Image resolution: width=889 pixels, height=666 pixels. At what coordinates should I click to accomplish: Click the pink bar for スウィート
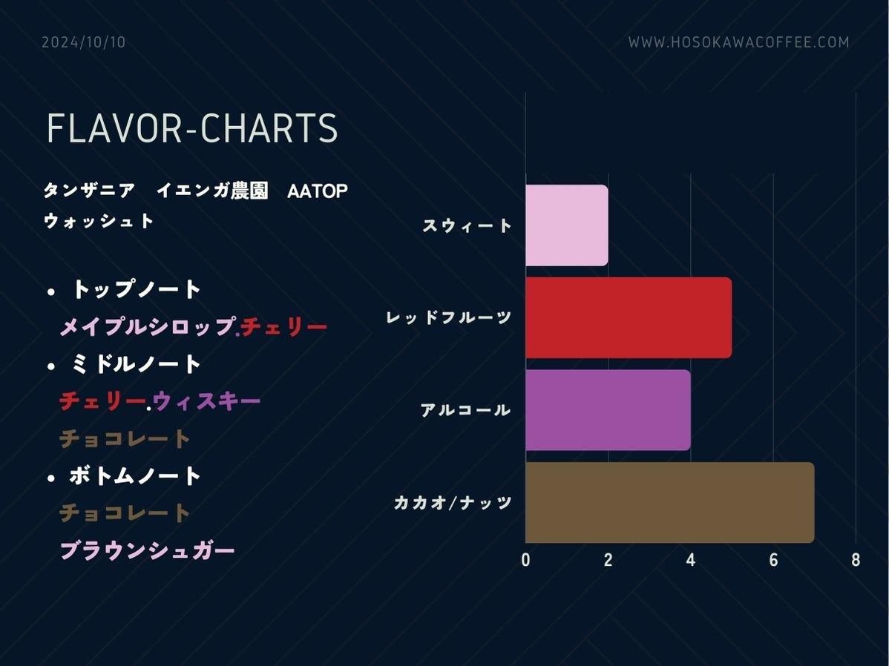coord(566,225)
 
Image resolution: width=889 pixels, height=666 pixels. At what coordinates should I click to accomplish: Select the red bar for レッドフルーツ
coord(629,317)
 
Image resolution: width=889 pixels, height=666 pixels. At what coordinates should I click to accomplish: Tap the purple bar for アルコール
coord(608,410)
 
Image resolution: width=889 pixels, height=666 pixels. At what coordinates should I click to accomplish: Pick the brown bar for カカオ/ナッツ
coord(669,502)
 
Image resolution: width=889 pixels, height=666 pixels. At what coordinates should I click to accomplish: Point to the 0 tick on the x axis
coord(525,560)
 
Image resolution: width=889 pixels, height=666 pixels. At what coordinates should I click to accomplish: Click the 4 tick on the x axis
coord(691,560)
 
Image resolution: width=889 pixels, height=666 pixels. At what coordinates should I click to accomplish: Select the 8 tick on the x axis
coord(856,560)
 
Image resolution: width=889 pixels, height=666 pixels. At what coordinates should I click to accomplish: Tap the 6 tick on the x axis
coord(773,560)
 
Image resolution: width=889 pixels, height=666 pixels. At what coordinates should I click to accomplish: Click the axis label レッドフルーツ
coord(449,317)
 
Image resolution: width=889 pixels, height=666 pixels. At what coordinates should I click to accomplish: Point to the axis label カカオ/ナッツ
coord(453,502)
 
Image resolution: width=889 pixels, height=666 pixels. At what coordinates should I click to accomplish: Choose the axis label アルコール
coord(465,410)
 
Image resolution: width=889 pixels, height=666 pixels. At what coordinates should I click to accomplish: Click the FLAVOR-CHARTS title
coord(192,128)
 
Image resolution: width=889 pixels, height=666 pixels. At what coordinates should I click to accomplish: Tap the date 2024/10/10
coord(83,42)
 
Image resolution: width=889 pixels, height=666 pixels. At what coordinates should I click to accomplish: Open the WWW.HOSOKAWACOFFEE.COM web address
coord(739,42)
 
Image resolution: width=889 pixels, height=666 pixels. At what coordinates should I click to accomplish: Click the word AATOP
coord(318,191)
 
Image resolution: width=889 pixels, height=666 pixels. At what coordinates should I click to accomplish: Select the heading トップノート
coord(136,289)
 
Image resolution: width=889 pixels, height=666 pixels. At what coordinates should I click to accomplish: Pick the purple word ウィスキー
coord(206,400)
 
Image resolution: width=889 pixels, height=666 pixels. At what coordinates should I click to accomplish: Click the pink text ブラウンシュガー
coord(147,550)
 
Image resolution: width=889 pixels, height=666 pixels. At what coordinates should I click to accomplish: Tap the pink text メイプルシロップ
coord(148,326)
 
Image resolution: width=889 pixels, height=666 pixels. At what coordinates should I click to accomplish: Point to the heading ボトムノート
coord(136,475)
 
